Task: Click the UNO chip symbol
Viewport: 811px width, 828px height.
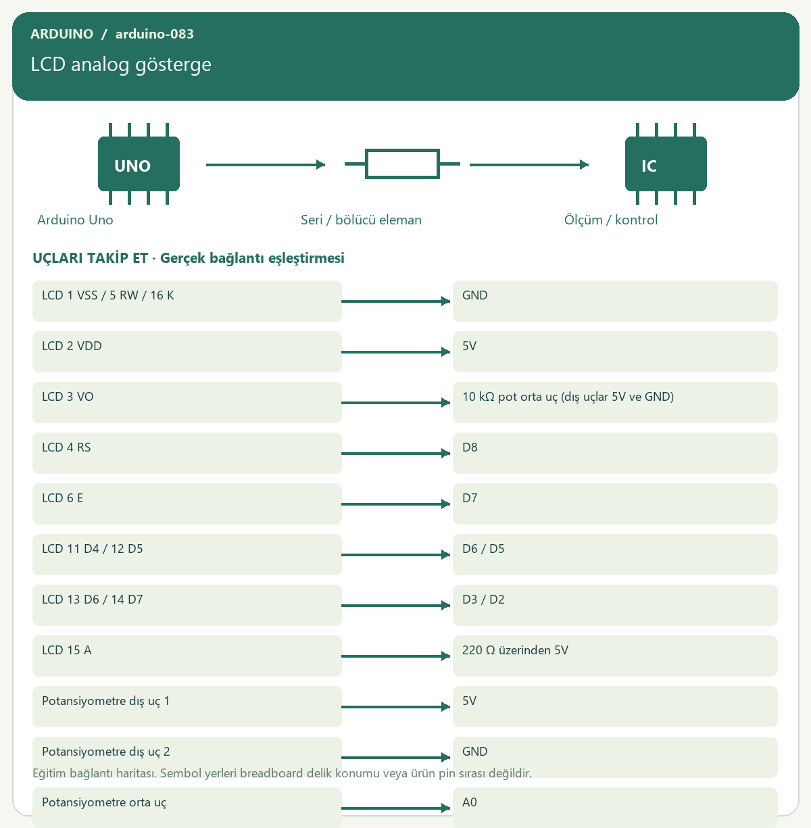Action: (x=139, y=164)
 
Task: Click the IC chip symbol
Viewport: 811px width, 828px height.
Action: (x=666, y=164)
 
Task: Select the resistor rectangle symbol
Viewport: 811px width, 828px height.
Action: (x=402, y=164)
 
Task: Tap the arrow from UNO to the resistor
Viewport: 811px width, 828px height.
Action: (x=266, y=164)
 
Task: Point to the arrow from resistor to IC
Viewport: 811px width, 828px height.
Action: (x=529, y=164)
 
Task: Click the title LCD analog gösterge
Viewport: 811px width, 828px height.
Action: (x=121, y=64)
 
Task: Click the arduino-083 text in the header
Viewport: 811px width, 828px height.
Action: (x=155, y=34)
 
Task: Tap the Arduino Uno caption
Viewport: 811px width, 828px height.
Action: (x=75, y=220)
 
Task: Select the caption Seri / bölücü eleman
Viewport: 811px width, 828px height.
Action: (x=361, y=220)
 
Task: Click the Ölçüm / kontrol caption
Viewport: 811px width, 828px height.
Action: (x=611, y=220)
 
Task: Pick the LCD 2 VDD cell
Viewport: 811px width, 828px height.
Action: (x=187, y=351)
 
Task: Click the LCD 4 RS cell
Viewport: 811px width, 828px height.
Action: (x=187, y=453)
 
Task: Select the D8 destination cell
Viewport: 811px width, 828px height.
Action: (x=615, y=453)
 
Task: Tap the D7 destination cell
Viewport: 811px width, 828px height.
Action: (x=615, y=504)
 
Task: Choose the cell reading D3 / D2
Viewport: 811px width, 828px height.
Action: (x=615, y=605)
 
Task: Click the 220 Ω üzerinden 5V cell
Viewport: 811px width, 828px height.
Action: (x=615, y=656)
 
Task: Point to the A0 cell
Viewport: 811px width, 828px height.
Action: (x=615, y=807)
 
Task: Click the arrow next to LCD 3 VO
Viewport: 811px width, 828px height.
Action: (x=396, y=403)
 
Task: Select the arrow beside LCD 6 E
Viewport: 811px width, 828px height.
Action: (x=396, y=504)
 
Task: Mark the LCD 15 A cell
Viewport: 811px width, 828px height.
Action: (x=187, y=656)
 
